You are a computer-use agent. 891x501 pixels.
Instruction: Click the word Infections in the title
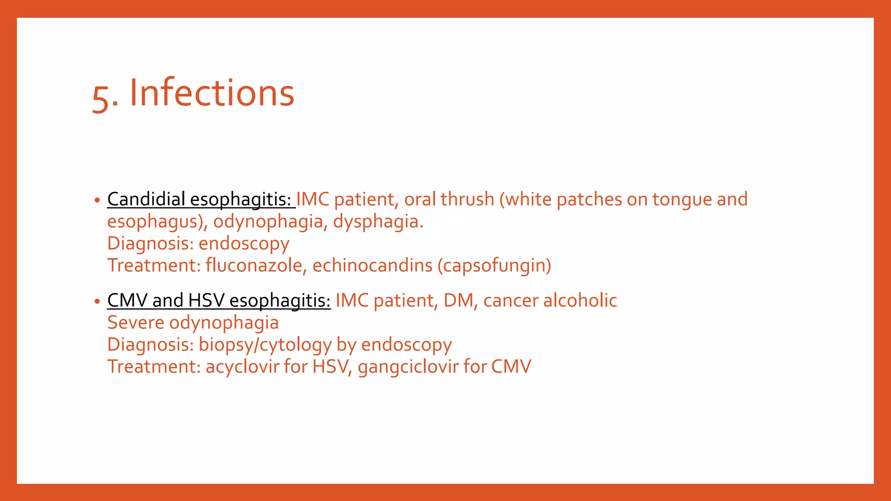pos(212,93)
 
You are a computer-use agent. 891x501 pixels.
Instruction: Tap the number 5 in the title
pos(100,98)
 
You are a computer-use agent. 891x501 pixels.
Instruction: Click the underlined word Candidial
pos(146,199)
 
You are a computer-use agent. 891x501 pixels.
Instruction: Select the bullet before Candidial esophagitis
pos(97,200)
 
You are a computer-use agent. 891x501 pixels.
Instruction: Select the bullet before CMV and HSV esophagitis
pos(97,301)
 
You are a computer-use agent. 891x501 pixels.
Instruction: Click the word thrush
pos(467,199)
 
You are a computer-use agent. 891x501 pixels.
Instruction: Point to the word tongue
pos(682,199)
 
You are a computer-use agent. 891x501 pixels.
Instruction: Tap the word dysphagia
pos(378,222)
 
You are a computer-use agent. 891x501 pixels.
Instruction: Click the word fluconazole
pos(254,265)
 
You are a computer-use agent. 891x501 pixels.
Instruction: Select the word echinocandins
pos(372,265)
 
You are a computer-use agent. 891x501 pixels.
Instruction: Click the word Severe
pos(136,323)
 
